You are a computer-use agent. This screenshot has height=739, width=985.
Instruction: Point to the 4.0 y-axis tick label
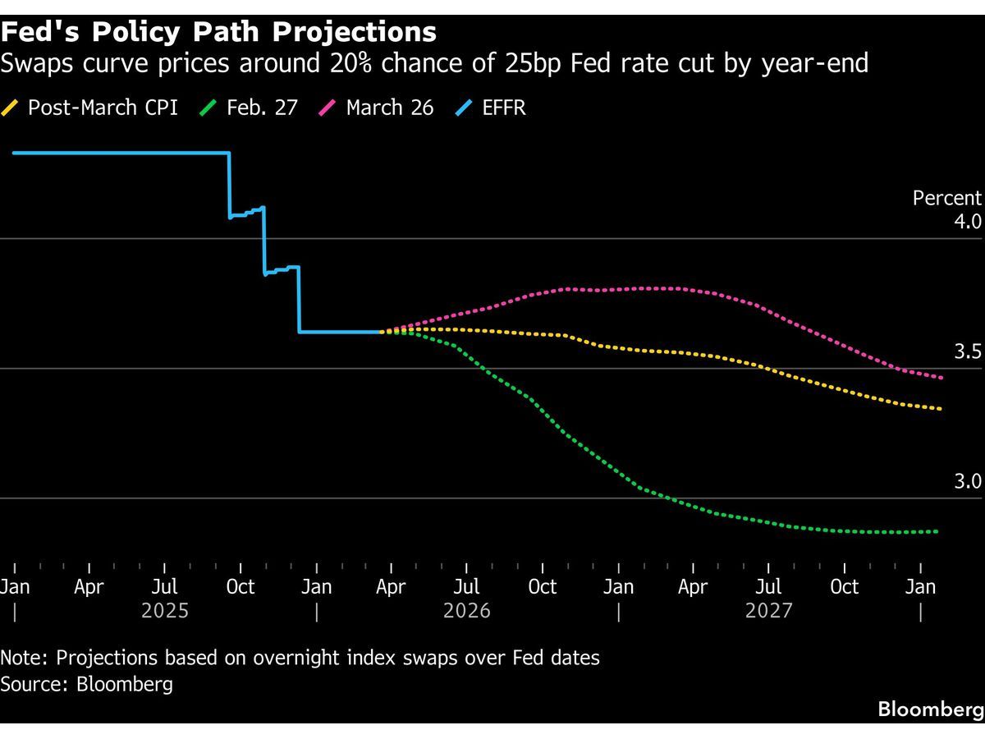click(967, 222)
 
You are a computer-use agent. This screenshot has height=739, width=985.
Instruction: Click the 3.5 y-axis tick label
click(967, 352)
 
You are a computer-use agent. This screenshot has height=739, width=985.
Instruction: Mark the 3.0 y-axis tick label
click(967, 481)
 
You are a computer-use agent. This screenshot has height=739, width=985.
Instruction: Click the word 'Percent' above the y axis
click(946, 198)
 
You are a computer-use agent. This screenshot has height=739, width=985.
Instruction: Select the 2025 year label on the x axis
click(165, 611)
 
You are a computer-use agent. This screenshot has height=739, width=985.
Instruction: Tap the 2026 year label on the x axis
click(467, 611)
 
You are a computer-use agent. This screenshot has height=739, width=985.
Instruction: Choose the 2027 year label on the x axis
click(769, 611)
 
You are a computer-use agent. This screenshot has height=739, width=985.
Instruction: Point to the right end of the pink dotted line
click(941, 378)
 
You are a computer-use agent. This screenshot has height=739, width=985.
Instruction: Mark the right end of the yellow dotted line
click(941, 409)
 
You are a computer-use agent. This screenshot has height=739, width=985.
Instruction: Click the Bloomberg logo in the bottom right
click(930, 709)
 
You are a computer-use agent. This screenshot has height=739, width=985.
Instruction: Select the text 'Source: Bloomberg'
click(87, 684)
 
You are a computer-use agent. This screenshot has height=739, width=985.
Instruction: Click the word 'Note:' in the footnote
click(24, 658)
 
